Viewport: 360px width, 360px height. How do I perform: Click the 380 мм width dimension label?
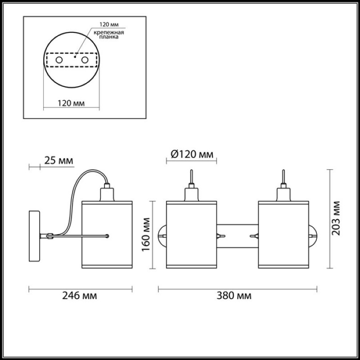(x=234, y=296)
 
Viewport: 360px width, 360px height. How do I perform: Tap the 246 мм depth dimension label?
(x=80, y=296)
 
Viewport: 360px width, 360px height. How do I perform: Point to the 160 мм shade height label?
(x=146, y=234)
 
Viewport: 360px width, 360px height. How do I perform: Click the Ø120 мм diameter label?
(x=192, y=154)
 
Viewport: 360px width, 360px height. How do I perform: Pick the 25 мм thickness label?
(x=58, y=161)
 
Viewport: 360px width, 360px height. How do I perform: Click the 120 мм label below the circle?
(x=71, y=103)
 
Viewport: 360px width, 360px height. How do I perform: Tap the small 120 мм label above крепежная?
(x=109, y=24)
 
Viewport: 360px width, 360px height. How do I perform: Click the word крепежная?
(x=109, y=32)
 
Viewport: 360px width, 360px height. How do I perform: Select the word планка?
(x=109, y=37)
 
